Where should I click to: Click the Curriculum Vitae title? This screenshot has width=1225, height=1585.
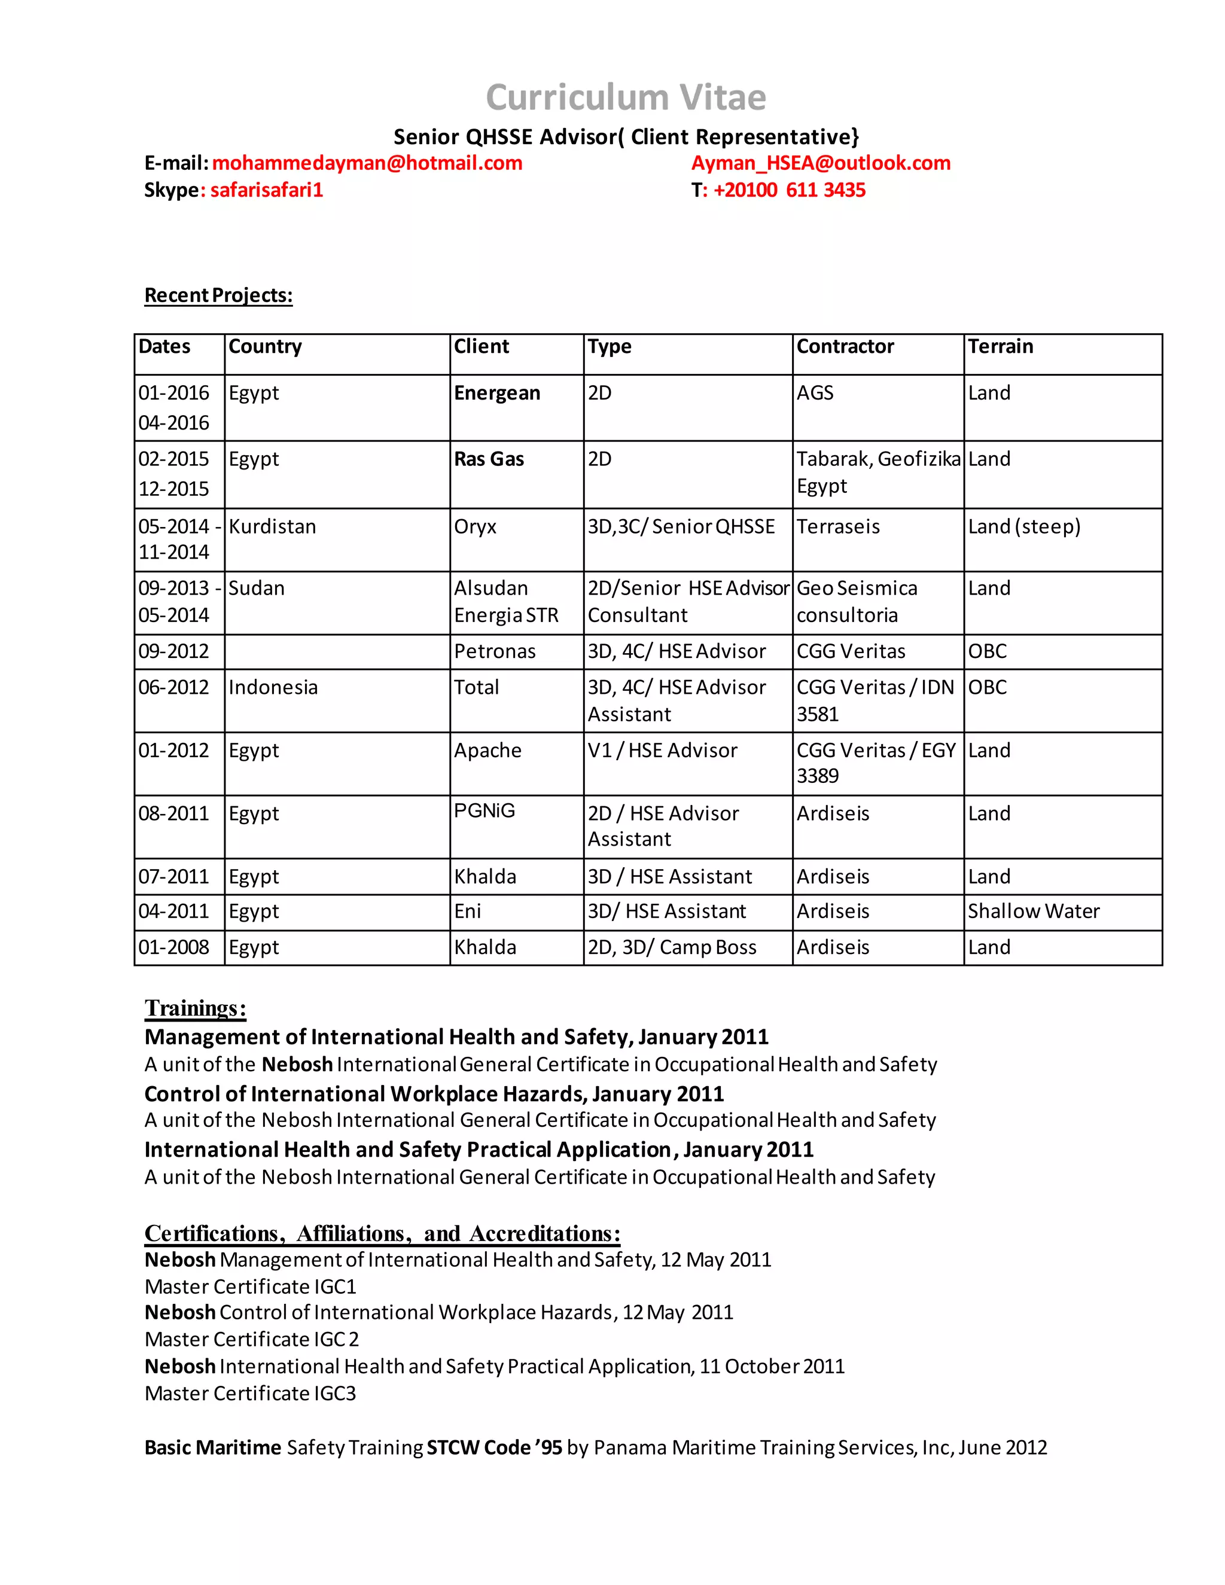(x=625, y=97)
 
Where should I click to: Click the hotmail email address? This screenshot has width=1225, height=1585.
(x=367, y=163)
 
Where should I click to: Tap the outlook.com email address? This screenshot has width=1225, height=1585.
(x=820, y=163)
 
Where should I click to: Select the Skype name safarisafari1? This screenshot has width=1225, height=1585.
(x=266, y=190)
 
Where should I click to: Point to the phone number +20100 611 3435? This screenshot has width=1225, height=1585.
(x=789, y=190)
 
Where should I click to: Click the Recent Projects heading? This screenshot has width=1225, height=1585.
(x=218, y=295)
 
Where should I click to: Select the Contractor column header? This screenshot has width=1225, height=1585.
(x=845, y=347)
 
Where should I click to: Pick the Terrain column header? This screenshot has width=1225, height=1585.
(x=1000, y=347)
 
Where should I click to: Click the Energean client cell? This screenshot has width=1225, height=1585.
(x=497, y=394)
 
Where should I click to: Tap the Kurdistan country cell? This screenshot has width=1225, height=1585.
(x=272, y=527)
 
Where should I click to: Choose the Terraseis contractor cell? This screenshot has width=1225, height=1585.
(x=837, y=527)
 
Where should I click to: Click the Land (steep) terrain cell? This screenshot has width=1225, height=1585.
(x=1024, y=527)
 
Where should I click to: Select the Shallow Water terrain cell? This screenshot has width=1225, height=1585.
(x=1034, y=912)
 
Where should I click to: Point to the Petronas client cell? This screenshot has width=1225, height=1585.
(x=494, y=652)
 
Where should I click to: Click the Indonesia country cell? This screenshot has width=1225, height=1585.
(x=273, y=688)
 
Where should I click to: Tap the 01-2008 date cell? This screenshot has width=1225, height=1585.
(x=173, y=948)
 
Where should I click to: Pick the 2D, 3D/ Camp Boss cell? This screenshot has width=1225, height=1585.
(x=671, y=948)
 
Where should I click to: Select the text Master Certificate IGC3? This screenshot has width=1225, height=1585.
(x=251, y=1394)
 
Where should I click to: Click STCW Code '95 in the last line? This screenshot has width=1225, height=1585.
(x=494, y=1448)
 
